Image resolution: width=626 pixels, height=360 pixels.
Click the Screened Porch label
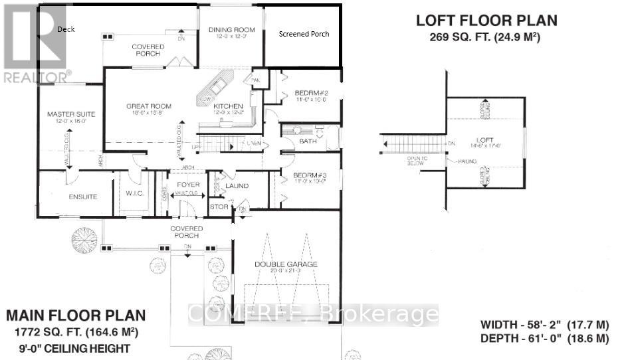[304, 34]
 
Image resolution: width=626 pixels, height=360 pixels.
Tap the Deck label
[66, 29]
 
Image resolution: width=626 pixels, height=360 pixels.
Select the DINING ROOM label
[231, 29]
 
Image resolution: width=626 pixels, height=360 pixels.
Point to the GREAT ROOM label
[149, 106]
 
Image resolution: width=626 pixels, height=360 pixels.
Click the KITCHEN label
[228, 106]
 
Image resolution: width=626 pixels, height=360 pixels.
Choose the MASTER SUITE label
[68, 114]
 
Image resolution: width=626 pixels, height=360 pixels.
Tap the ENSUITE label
[82, 197]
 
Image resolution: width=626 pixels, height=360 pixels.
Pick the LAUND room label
[237, 186]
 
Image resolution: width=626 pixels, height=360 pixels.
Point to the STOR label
[219, 207]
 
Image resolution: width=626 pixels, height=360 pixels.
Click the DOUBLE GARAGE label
[286, 264]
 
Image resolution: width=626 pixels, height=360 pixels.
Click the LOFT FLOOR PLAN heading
[486, 21]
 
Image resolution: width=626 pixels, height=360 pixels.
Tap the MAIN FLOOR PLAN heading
[74, 315]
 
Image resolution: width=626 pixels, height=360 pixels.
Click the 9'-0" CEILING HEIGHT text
[74, 347]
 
